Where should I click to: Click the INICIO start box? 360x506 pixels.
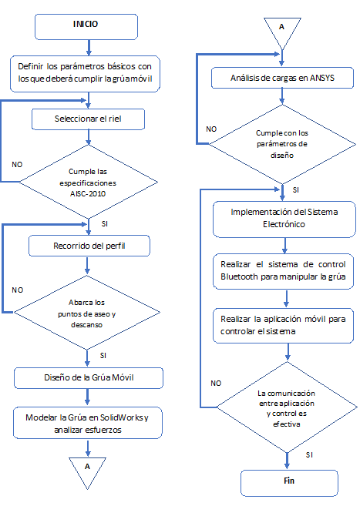point(86,27)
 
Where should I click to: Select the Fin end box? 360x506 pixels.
point(289,483)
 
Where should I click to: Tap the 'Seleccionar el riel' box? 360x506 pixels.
point(88,119)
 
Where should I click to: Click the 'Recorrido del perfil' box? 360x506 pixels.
point(89,246)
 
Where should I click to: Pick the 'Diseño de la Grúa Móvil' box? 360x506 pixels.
point(89,378)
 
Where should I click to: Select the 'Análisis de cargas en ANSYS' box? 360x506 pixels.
point(282,78)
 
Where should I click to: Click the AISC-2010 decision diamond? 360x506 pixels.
point(88,182)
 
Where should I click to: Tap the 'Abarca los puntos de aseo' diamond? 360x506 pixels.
point(87,313)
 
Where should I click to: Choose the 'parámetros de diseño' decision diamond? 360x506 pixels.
point(282,144)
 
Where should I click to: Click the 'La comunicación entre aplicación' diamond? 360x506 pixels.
point(287,407)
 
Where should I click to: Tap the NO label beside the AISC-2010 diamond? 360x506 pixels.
point(17,165)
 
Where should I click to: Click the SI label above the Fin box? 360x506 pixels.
point(309,455)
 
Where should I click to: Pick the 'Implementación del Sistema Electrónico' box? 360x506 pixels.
point(284,219)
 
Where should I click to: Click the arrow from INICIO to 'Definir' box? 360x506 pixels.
point(89,48)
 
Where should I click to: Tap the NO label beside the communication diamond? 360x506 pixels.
point(216,384)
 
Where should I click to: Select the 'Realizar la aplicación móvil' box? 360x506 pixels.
point(283,325)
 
